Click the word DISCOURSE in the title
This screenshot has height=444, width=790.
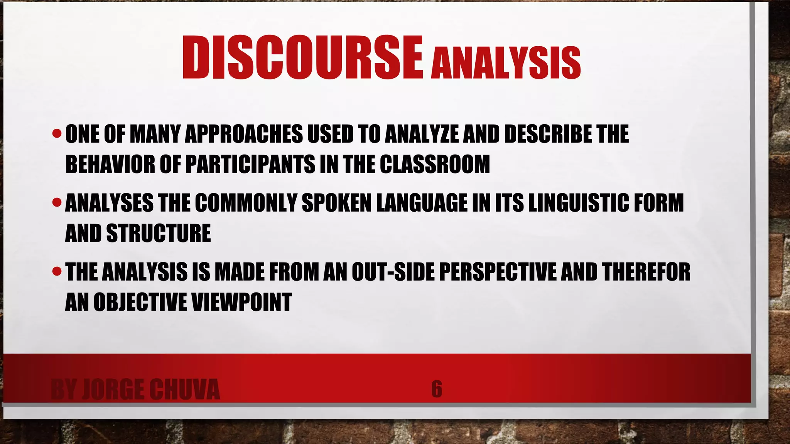(302, 58)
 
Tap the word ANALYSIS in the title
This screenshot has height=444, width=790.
(505, 63)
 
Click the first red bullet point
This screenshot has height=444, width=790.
(57, 134)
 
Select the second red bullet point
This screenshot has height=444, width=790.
(57, 202)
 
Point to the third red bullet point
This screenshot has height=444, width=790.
(57, 272)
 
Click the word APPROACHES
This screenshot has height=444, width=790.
(244, 134)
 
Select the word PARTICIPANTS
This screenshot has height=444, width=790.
(250, 165)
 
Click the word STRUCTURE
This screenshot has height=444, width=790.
(159, 233)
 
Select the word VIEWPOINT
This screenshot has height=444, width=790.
(241, 302)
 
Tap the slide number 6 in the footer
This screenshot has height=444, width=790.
(437, 389)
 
